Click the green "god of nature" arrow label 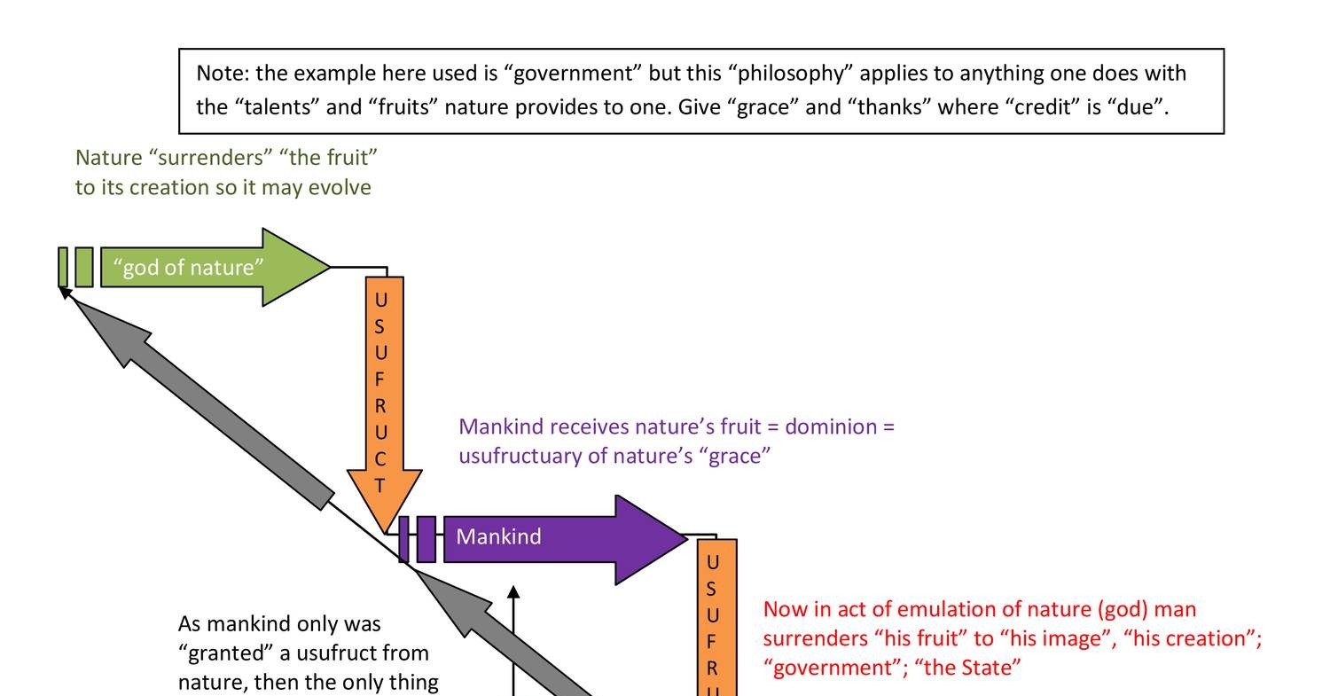pos(189,268)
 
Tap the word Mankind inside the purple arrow pos(498,537)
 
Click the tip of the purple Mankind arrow pos(685,537)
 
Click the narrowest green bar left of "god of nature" pos(63,267)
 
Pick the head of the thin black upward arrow pos(512,591)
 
